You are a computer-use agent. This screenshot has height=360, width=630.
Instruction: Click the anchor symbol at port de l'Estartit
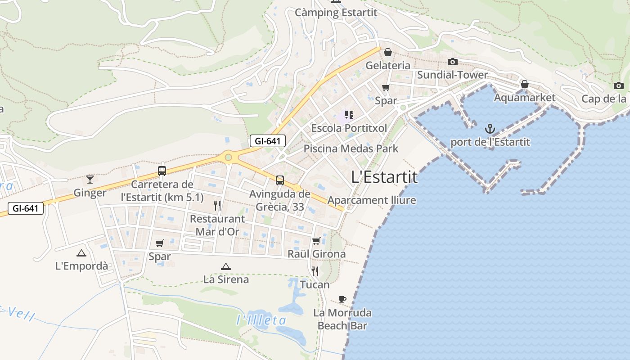tap(490, 130)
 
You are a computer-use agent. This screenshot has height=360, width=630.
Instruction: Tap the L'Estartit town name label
tap(384, 177)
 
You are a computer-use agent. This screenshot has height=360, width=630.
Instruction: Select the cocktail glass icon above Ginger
tap(90, 180)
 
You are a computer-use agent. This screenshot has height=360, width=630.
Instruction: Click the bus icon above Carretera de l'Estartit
tap(162, 171)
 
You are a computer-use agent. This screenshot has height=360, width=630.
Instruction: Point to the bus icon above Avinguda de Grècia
tap(280, 180)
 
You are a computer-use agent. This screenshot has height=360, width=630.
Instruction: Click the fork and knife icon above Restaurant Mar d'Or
tap(217, 206)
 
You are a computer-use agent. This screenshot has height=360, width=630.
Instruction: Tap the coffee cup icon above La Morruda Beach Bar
tap(342, 299)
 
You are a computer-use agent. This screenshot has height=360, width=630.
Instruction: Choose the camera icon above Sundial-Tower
tap(453, 62)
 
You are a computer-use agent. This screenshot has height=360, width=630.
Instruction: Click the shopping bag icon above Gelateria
tap(388, 52)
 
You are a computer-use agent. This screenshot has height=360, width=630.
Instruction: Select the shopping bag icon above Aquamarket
tap(524, 84)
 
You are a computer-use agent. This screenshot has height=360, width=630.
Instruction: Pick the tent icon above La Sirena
tap(226, 266)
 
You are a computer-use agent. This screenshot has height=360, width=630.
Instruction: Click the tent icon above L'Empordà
tap(81, 253)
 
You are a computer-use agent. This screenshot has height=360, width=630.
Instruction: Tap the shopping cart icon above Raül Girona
tap(316, 241)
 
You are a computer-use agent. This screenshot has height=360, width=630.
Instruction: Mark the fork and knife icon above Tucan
tap(315, 271)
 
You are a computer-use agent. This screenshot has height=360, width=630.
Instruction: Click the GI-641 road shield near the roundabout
tap(267, 141)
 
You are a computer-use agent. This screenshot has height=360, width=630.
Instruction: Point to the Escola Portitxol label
tap(349, 128)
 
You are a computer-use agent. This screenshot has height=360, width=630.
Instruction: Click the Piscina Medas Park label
tap(351, 148)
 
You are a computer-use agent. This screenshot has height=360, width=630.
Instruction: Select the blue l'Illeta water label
tap(261, 320)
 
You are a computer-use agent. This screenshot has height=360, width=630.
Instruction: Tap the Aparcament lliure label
tap(372, 200)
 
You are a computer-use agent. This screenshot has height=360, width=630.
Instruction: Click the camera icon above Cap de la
tap(619, 85)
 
